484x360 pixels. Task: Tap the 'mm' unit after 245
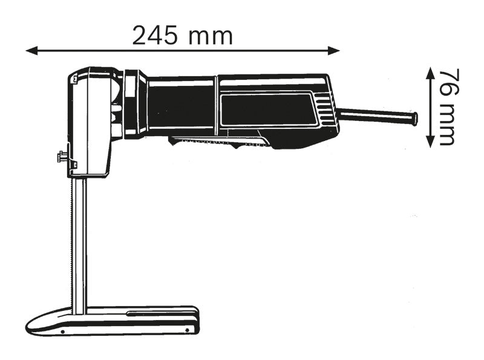click(x=211, y=36)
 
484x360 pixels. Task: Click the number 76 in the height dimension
click(x=446, y=82)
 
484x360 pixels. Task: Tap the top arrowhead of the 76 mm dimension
click(x=430, y=71)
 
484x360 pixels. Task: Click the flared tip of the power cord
click(x=414, y=118)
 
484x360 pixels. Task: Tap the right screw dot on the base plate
click(x=188, y=330)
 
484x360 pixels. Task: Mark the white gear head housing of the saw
click(x=91, y=121)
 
